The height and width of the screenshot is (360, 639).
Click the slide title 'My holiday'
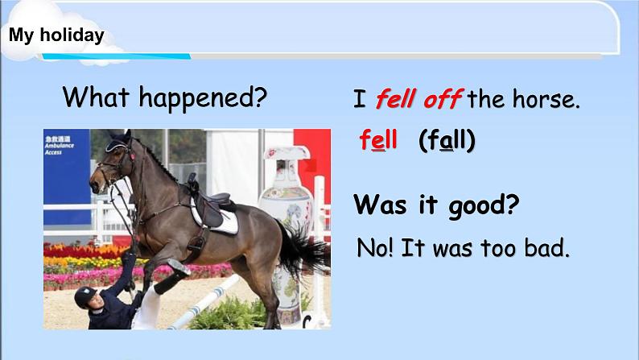(56, 35)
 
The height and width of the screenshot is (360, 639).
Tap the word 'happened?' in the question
(203, 98)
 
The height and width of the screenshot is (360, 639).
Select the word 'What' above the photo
(96, 97)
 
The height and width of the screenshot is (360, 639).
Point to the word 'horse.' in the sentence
(546, 99)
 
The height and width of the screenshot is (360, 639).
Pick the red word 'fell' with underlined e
(378, 140)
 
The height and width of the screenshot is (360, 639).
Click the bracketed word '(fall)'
(447, 140)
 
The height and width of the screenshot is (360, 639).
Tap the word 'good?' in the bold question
(484, 205)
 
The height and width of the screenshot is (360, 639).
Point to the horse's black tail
(303, 249)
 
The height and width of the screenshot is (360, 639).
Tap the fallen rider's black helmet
(85, 296)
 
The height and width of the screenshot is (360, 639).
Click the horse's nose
(94, 184)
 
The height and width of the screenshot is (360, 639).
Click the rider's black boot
(172, 277)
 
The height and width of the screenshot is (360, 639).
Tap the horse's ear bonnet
(118, 142)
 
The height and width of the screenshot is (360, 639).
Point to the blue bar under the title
(116, 56)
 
